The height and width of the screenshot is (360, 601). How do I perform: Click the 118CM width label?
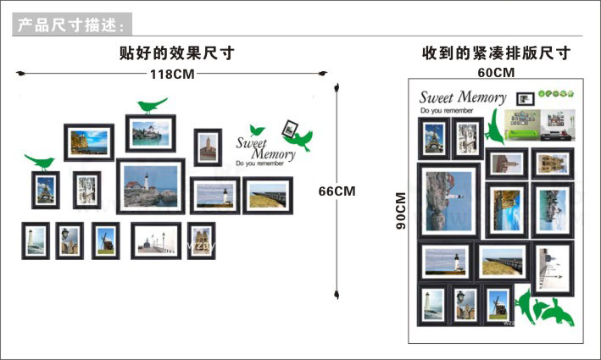[173, 75]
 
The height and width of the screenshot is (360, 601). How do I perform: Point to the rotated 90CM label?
[401, 211]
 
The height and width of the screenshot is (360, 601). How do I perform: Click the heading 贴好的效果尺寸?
[177, 53]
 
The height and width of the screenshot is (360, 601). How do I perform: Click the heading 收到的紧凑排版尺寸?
[496, 53]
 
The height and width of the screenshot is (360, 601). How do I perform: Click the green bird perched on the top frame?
[151, 105]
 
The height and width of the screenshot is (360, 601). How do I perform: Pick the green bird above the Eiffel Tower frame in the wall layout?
[39, 161]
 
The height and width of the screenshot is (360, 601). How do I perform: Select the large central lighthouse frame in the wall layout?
[151, 185]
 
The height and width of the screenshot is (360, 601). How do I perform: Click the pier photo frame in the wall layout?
[268, 196]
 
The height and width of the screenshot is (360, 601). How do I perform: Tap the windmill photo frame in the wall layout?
[106, 241]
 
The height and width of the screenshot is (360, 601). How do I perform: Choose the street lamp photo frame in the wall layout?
[69, 241]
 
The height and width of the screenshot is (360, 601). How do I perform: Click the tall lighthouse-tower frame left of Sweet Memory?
[208, 147]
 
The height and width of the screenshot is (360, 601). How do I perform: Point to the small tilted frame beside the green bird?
[292, 128]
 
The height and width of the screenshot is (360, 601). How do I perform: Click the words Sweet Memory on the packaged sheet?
[462, 97]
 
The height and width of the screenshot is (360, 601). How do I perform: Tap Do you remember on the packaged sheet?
[447, 111]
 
